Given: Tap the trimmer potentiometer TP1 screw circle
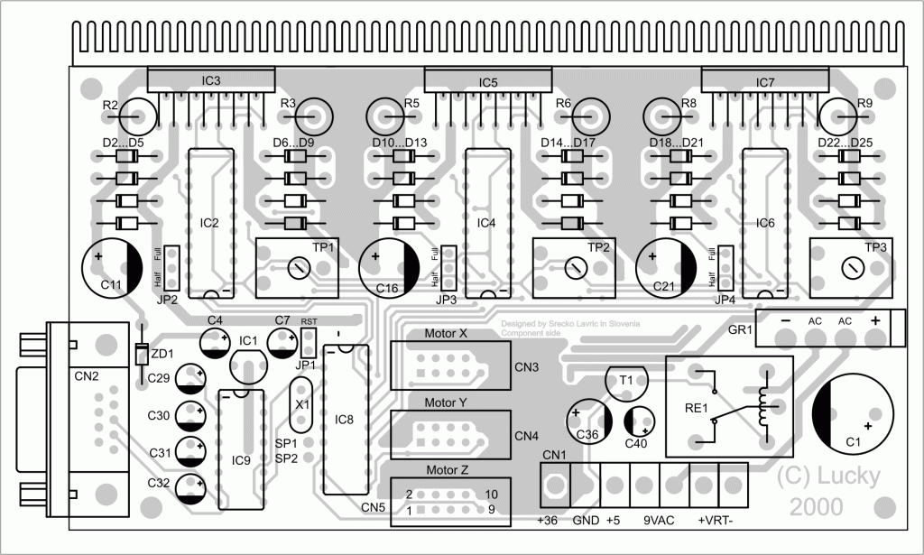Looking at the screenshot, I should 299,267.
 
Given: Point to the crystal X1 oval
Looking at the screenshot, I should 300,405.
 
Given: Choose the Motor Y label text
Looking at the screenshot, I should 446,402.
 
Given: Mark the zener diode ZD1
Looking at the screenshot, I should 141,355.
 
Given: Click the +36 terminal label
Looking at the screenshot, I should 548,521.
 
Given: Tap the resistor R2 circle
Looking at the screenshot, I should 139,115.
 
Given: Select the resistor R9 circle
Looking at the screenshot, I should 837,115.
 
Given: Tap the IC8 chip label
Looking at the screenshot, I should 345,419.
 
